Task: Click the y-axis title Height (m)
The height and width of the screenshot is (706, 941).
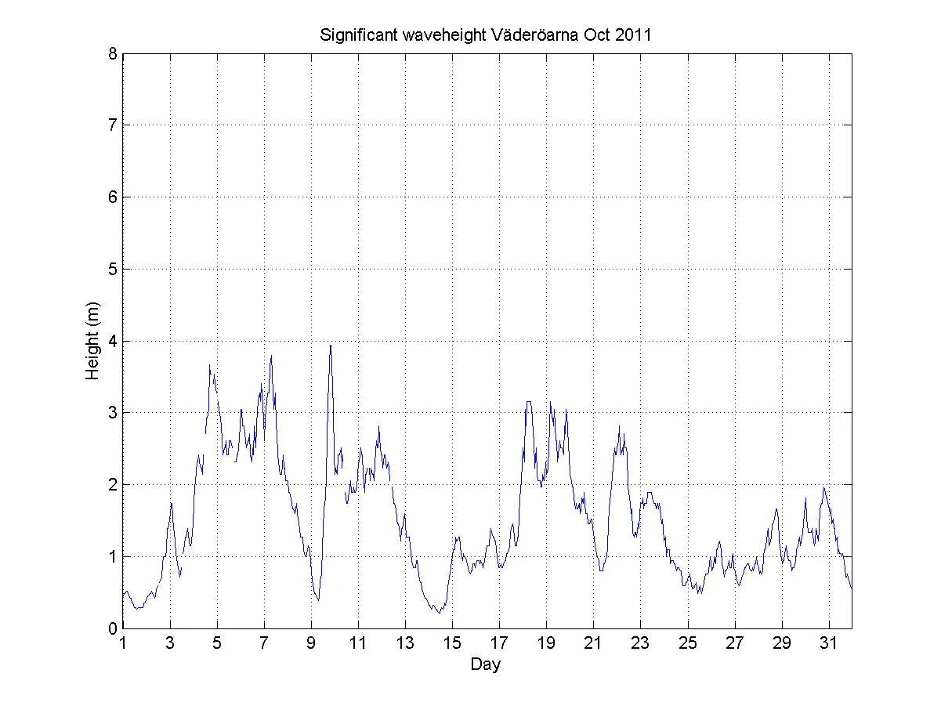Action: pos(93,341)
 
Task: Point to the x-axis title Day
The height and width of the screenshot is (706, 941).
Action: pos(486,665)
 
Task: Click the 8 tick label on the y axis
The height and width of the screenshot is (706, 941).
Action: pos(114,54)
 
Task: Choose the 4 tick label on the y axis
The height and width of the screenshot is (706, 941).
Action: pos(114,342)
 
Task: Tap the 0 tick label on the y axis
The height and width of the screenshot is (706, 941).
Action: pos(114,628)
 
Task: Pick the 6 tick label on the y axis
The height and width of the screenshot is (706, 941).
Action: pos(114,197)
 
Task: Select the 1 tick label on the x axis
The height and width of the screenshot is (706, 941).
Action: pos(123,643)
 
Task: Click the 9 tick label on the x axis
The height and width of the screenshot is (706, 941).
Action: pos(311,643)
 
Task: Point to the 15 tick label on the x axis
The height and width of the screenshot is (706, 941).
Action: pos(452,643)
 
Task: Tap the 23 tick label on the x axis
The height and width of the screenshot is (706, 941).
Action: pos(640,643)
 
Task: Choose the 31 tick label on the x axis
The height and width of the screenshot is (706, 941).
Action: pos(828,643)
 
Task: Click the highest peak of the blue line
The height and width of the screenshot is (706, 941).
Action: pos(331,346)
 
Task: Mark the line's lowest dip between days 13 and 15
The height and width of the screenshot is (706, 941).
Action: pos(440,613)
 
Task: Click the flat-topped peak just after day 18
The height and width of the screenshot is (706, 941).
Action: pos(529,402)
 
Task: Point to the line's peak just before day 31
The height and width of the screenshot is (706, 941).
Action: pos(823,487)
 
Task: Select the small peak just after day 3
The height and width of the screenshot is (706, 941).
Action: pos(172,503)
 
